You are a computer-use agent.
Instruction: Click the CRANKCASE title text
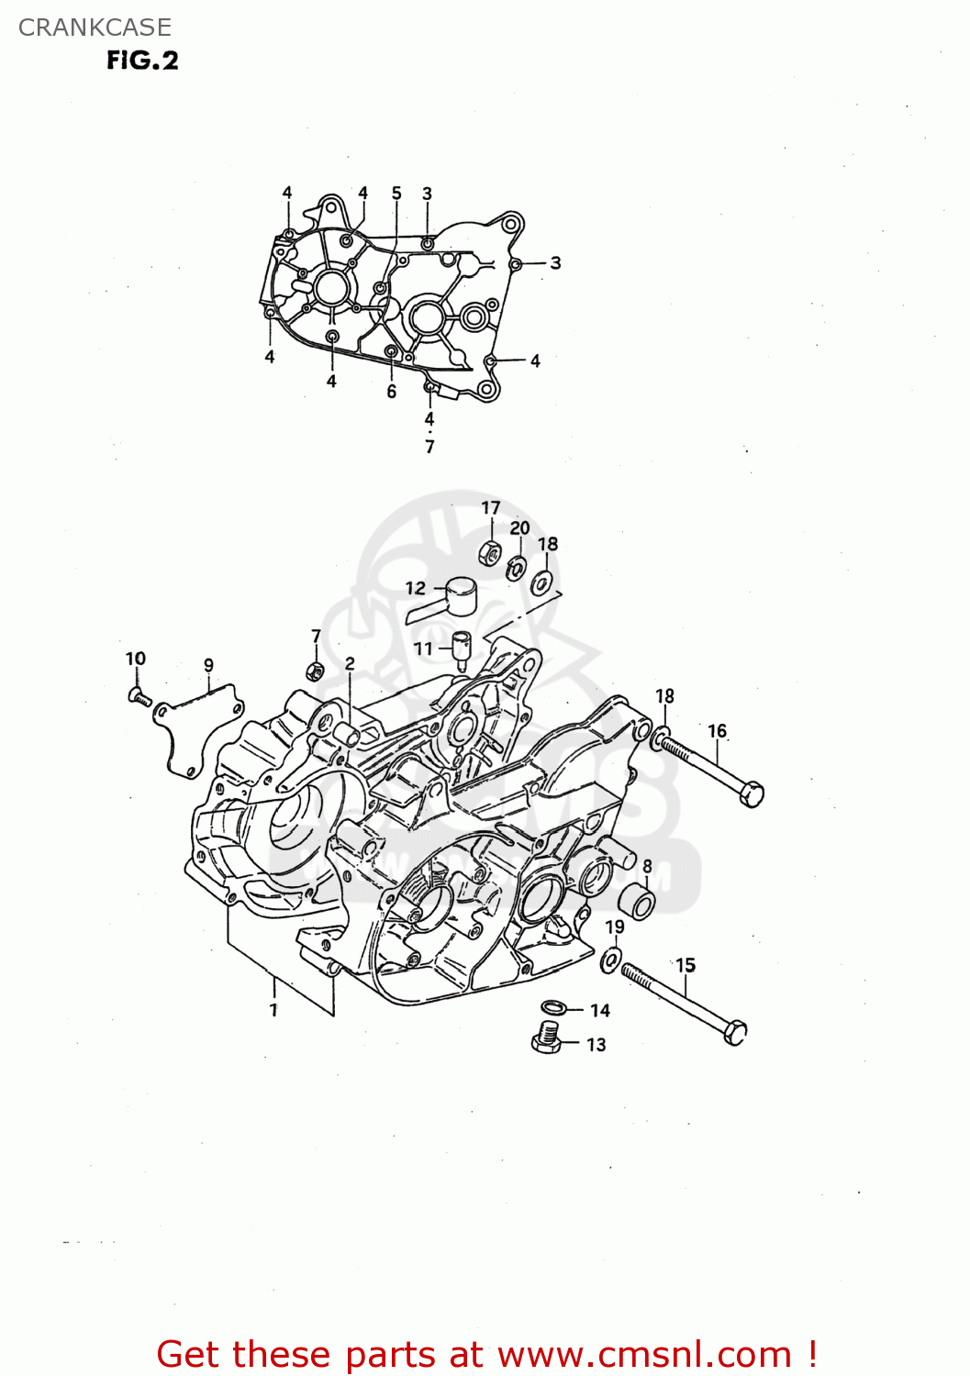click(x=95, y=28)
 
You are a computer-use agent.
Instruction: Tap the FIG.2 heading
click(x=142, y=61)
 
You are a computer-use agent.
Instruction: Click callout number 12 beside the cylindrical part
click(x=416, y=588)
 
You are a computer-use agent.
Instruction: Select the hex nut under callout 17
click(x=490, y=552)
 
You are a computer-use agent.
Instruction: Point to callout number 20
click(x=519, y=528)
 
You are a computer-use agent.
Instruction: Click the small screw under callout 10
click(x=139, y=697)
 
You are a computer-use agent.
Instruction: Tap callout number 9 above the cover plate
click(x=209, y=665)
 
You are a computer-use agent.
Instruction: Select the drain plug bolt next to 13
click(x=548, y=1038)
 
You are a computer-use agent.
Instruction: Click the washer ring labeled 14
click(x=553, y=1007)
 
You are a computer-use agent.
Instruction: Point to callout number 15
click(x=686, y=965)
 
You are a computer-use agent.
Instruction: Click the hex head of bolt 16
click(x=752, y=794)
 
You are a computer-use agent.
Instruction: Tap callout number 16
click(x=717, y=731)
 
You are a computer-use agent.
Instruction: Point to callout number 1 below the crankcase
click(x=273, y=1009)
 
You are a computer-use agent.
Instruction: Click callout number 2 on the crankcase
click(x=350, y=663)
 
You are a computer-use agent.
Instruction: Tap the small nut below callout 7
click(x=313, y=671)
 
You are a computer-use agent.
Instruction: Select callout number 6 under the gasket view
click(x=392, y=392)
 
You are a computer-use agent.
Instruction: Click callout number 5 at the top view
click(x=396, y=193)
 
